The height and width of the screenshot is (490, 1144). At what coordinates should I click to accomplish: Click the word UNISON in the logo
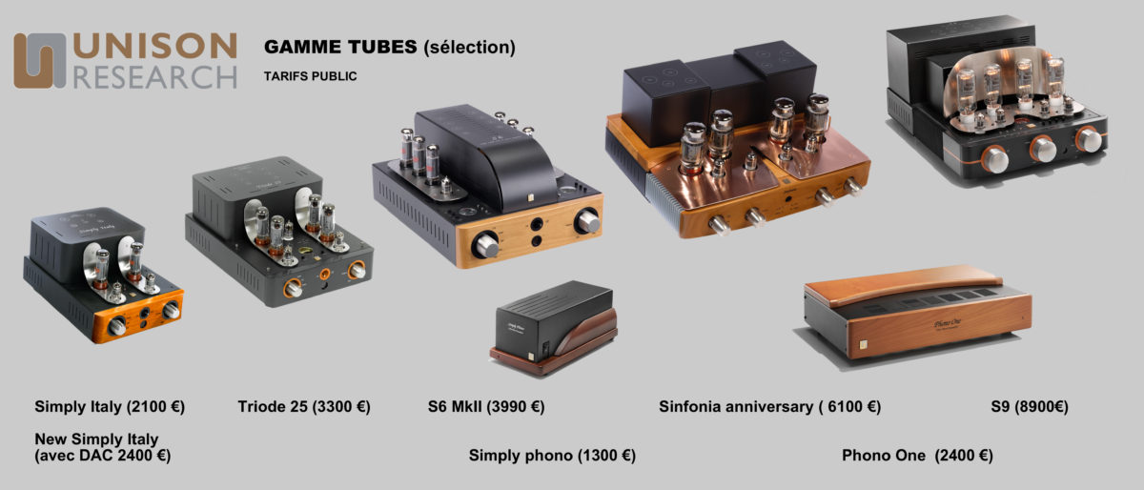[155, 46]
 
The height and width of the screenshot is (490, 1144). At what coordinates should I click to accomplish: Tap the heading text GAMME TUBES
[340, 47]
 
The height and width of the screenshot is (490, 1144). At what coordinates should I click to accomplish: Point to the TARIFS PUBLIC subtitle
[310, 76]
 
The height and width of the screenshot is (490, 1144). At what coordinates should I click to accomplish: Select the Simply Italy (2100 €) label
[110, 407]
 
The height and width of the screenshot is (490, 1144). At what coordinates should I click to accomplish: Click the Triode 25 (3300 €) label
[304, 407]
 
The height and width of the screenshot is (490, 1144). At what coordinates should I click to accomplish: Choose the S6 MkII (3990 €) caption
[486, 407]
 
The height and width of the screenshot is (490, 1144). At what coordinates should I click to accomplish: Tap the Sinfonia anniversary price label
[769, 407]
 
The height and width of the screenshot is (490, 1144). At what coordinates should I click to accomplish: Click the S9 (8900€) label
[1029, 407]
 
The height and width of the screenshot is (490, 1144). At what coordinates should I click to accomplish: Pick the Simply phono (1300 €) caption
[552, 456]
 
